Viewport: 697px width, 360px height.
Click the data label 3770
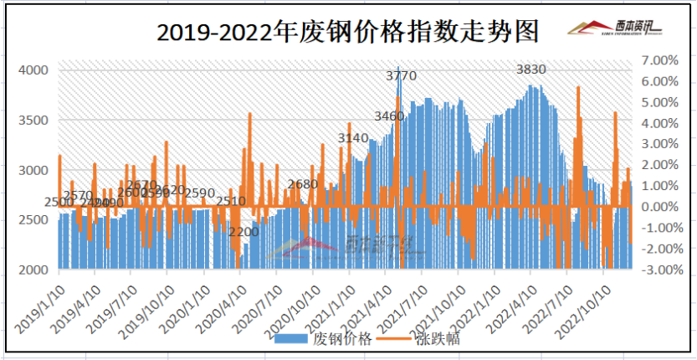[x=401, y=77]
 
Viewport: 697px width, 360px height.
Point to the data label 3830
[x=531, y=69]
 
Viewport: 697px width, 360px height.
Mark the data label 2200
[x=243, y=231]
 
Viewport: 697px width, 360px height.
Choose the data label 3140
[x=353, y=137]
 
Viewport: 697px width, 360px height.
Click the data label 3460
[x=389, y=115]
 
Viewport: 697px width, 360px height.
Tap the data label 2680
[x=302, y=184]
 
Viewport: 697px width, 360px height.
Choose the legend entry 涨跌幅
[x=435, y=339]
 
